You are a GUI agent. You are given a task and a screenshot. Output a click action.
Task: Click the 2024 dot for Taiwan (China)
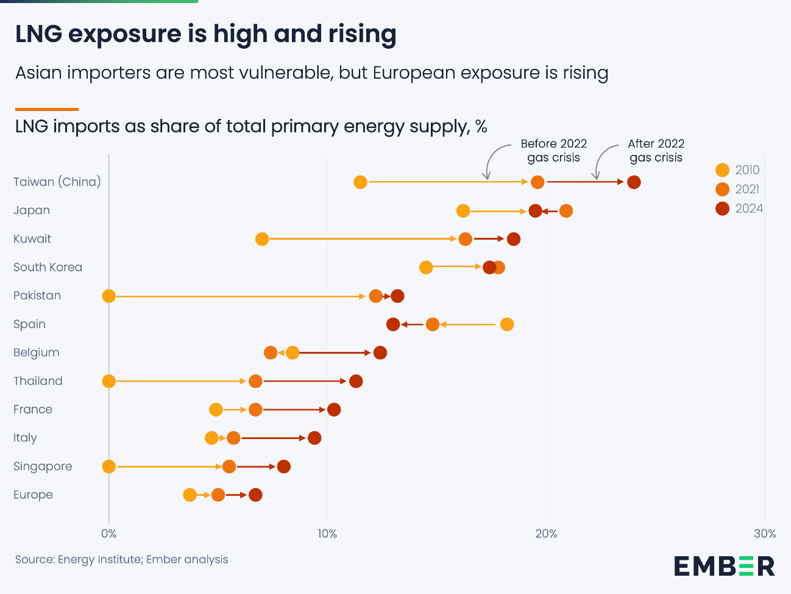(x=634, y=182)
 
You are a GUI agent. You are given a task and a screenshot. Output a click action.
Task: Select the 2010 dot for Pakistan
(x=109, y=296)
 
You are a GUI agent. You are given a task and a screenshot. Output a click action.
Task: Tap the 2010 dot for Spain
(x=507, y=324)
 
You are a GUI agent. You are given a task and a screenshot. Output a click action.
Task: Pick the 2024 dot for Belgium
(x=380, y=352)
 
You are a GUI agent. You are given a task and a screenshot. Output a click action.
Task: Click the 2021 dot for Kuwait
(x=466, y=239)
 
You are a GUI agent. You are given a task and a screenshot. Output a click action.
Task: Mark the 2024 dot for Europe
(x=255, y=495)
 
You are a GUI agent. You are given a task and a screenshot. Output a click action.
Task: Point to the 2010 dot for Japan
(x=463, y=211)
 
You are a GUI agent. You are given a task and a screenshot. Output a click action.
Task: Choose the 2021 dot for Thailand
(x=255, y=381)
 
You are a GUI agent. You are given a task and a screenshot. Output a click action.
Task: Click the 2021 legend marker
(x=722, y=189)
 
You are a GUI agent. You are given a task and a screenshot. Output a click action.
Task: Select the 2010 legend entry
(x=738, y=170)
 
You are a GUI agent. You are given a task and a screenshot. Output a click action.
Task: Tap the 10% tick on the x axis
(x=327, y=534)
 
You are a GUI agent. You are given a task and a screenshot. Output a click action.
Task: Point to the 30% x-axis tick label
(x=765, y=534)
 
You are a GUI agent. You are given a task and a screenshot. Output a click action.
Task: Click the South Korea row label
(x=48, y=267)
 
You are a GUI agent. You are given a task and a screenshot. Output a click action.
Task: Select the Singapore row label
(x=43, y=467)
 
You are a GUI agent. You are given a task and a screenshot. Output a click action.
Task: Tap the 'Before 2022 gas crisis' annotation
(x=553, y=151)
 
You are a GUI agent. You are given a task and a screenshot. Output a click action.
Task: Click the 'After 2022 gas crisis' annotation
(x=656, y=151)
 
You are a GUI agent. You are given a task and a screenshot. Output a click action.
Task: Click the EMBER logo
(x=724, y=566)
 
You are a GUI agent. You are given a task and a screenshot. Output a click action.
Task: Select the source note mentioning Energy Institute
(x=121, y=559)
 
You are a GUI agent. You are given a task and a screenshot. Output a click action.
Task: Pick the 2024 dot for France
(x=334, y=410)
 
